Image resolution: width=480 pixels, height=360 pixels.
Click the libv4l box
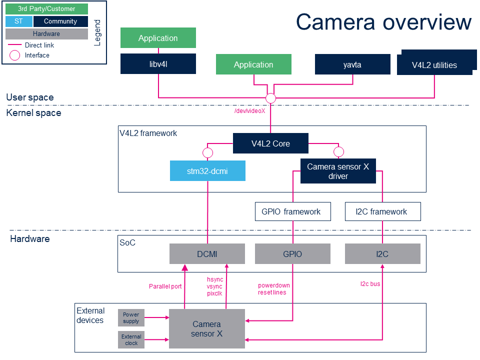158,64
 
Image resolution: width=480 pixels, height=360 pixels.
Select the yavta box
352,64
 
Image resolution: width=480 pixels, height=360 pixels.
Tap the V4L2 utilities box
434,65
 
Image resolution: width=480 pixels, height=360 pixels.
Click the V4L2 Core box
270,143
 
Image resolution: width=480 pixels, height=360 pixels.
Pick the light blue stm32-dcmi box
207,170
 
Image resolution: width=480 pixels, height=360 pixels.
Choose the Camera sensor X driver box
338,171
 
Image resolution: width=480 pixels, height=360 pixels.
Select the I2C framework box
382,211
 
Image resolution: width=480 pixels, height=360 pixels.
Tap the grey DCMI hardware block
207,254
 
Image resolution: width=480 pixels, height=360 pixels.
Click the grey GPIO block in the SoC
292,254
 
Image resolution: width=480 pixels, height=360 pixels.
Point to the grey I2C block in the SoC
382,254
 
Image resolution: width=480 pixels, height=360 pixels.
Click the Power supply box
131,317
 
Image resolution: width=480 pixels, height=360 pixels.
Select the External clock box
131,340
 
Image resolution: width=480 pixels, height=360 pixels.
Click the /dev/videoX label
249,111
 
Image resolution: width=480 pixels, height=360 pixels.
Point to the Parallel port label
165,286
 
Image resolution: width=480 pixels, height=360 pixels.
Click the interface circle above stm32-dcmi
207,152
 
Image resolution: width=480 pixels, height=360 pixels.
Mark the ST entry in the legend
18,21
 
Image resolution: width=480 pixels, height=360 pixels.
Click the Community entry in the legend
60,21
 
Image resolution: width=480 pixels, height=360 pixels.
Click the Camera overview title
383,22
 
